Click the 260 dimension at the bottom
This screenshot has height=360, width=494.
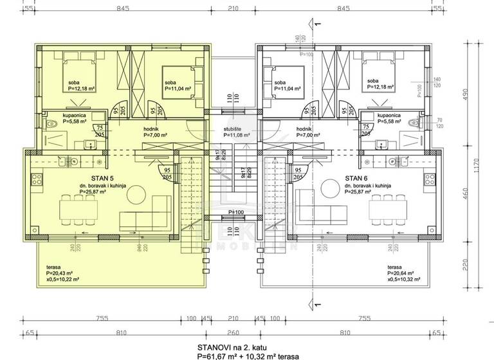[233, 334]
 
